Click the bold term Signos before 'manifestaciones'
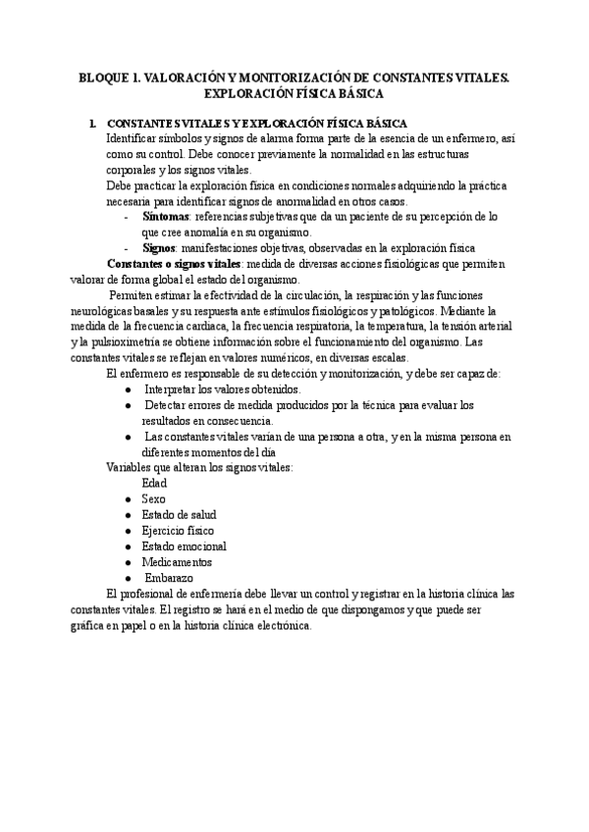(160, 248)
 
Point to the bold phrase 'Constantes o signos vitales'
(173, 264)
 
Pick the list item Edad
(154, 484)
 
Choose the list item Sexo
(154, 499)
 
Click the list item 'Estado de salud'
(179, 515)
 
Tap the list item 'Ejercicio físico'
(178, 531)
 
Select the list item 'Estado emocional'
(184, 546)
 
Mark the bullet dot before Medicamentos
(129, 562)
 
